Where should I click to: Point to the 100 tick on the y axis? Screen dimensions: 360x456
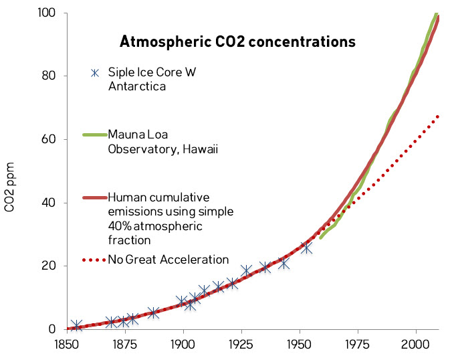pos(51,13)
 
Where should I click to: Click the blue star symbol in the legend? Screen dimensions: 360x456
pos(95,73)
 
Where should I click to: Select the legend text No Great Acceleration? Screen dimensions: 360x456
pos(168,260)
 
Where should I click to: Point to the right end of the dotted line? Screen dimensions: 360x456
pos(438,116)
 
